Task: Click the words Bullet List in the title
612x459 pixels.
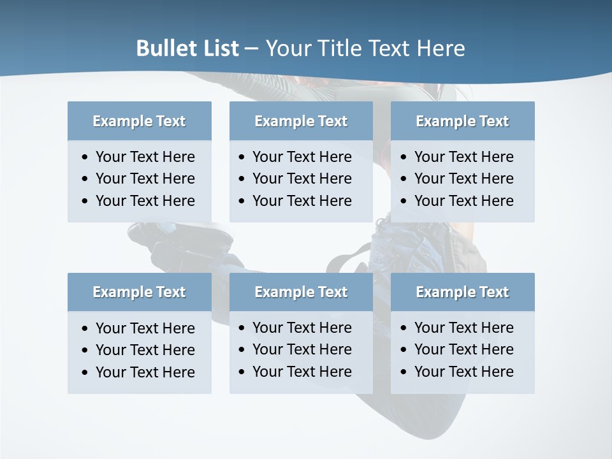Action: click(187, 48)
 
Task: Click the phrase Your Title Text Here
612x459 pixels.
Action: click(365, 48)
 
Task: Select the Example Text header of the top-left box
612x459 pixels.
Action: click(139, 121)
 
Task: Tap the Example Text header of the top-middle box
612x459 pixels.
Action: click(301, 121)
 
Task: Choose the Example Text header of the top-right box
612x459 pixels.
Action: click(462, 121)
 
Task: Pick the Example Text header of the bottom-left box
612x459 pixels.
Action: click(139, 292)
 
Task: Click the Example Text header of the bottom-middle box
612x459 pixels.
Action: click(301, 292)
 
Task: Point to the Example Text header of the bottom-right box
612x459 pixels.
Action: click(462, 292)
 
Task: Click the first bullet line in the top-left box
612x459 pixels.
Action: click(145, 157)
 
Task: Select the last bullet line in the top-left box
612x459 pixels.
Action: click(145, 201)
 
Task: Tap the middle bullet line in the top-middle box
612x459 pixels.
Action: click(302, 178)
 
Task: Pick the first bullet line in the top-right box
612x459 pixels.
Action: click(463, 157)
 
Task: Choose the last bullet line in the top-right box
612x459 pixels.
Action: click(463, 201)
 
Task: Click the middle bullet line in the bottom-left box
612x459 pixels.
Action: click(145, 350)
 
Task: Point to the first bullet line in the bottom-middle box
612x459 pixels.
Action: click(302, 328)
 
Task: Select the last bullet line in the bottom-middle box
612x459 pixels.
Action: click(302, 372)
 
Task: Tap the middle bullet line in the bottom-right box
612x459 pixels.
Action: click(463, 349)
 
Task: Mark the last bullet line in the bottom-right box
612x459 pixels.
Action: click(463, 372)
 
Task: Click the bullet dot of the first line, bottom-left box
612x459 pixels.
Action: click(85, 329)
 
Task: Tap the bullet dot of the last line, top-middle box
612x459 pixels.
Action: click(242, 201)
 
